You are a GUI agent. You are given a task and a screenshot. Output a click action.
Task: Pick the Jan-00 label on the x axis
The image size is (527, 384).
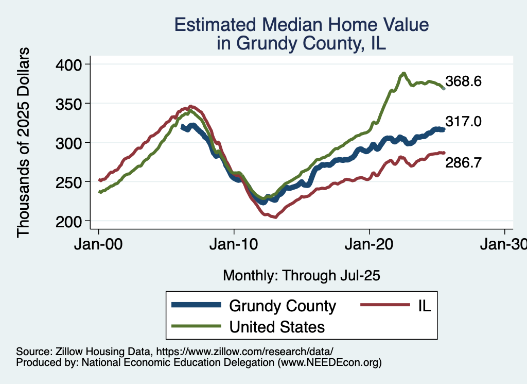(99, 245)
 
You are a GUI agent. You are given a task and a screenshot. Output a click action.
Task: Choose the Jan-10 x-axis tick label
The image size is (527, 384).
(234, 245)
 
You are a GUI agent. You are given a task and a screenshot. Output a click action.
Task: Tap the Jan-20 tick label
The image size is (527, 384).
(370, 245)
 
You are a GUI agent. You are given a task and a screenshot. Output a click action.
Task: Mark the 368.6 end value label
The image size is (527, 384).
(463, 81)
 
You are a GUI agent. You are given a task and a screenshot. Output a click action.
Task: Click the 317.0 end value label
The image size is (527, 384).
(463, 122)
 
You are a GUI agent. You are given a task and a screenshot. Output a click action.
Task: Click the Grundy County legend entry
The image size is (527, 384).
(282, 306)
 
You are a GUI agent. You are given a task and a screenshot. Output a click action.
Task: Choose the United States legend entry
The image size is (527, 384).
(277, 327)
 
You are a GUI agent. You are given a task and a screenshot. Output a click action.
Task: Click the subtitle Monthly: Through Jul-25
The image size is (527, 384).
(301, 276)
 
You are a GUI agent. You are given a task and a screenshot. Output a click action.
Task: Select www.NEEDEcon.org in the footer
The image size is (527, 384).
(329, 362)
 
